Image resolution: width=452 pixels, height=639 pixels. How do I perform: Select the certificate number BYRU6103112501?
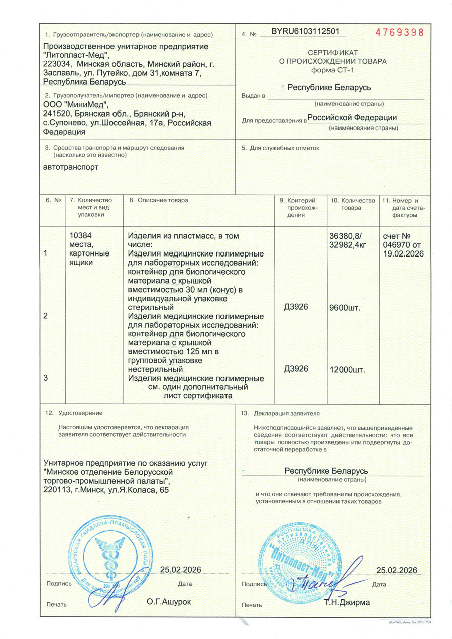305,31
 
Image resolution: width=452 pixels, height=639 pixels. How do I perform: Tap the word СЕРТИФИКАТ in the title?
332,52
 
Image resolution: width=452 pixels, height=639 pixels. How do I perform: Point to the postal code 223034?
56,64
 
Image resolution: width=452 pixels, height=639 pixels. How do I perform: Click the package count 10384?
80,234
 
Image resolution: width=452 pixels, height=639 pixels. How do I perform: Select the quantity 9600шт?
345,307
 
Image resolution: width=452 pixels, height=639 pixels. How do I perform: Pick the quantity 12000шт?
347,370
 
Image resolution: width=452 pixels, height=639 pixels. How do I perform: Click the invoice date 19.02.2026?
403,253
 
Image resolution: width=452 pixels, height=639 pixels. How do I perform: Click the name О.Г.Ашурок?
169,601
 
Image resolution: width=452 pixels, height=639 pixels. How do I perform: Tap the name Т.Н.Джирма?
347,602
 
